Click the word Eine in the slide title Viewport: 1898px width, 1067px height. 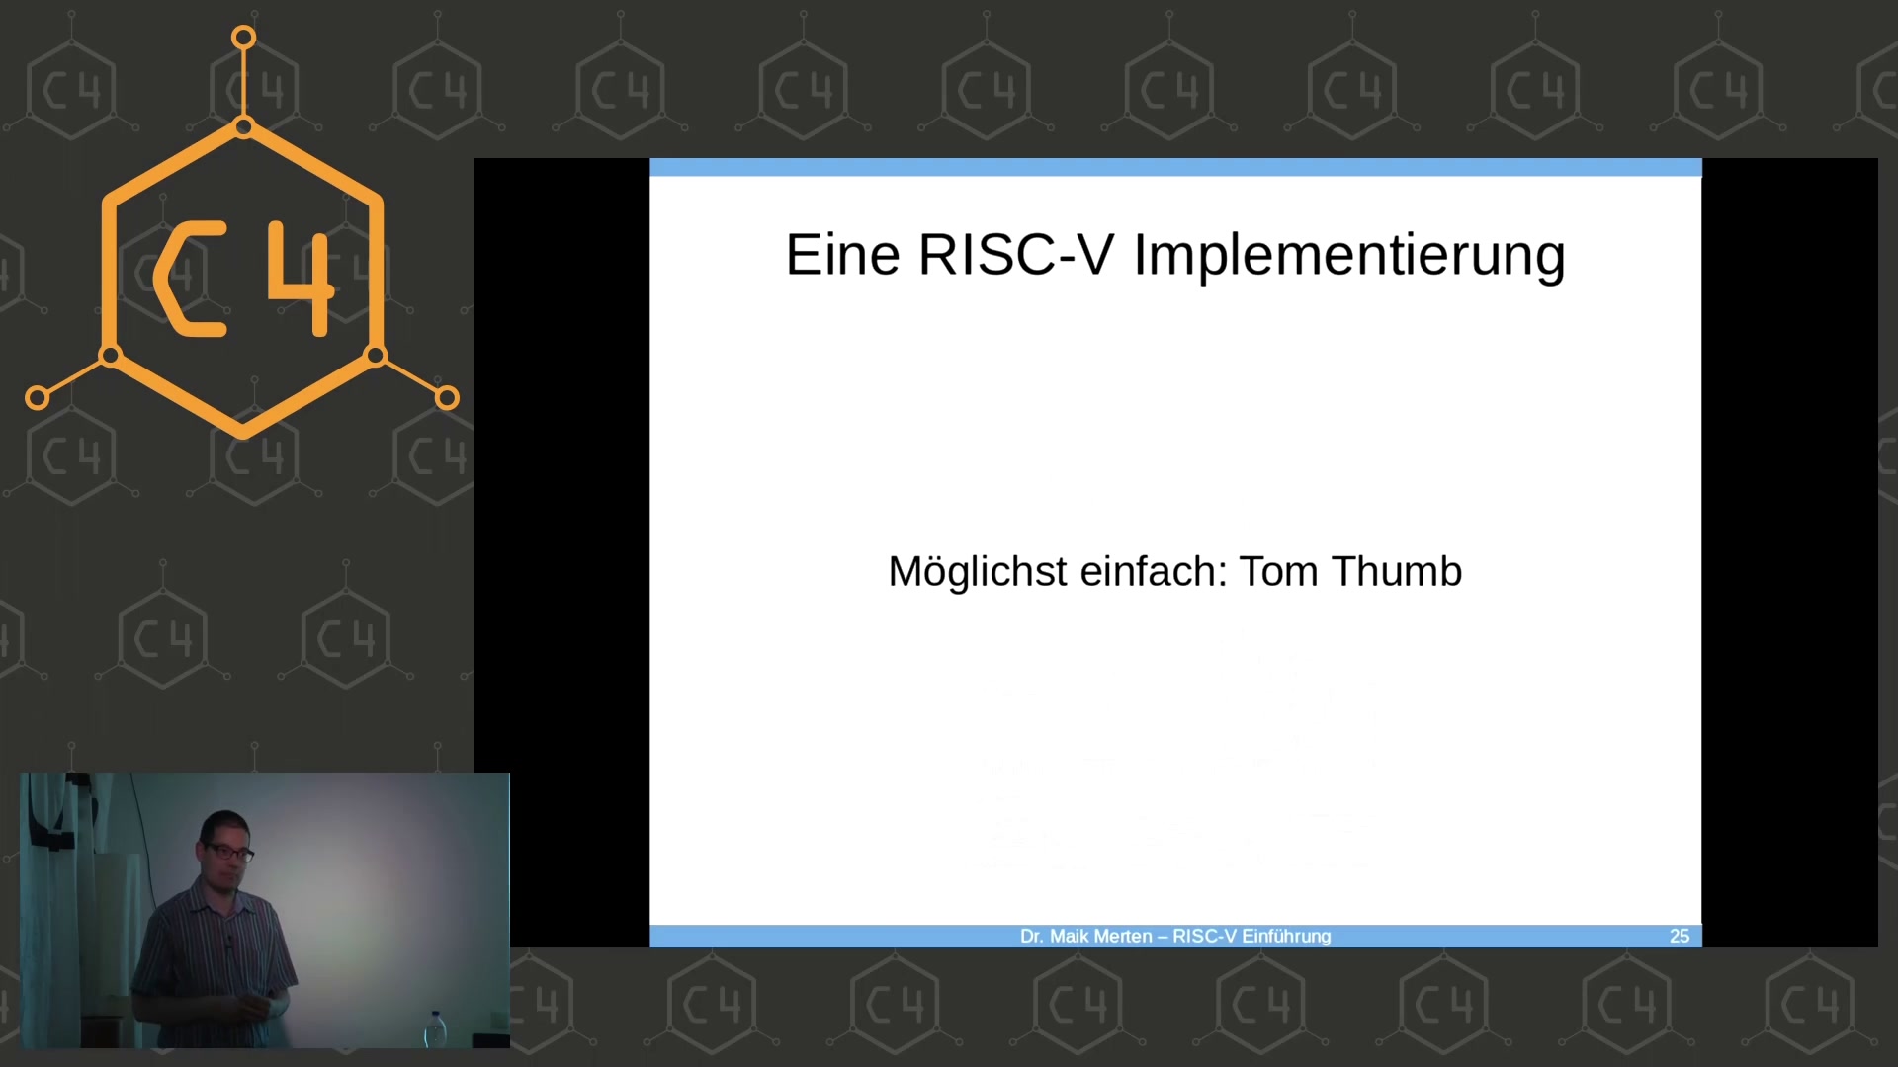tap(842, 255)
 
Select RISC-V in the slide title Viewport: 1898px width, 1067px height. tap(1016, 255)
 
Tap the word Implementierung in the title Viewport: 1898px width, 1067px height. tap(1349, 257)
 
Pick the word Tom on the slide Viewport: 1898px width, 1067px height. tap(1279, 572)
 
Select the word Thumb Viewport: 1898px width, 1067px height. tap(1397, 572)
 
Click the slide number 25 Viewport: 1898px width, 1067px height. tap(1680, 937)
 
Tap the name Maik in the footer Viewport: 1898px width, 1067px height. tap(1071, 937)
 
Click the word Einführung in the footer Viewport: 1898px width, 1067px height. tap(1286, 937)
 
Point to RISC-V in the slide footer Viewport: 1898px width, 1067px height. tap(1204, 937)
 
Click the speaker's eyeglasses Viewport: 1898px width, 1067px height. tap(229, 851)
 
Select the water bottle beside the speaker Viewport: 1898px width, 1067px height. tap(436, 1028)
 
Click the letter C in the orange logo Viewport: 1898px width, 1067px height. tap(188, 280)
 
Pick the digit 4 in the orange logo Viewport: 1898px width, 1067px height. tap(302, 280)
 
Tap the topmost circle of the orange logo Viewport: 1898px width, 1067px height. tap(244, 39)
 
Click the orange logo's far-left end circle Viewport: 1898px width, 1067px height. tap(38, 398)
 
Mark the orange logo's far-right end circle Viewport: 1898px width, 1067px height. tap(447, 398)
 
